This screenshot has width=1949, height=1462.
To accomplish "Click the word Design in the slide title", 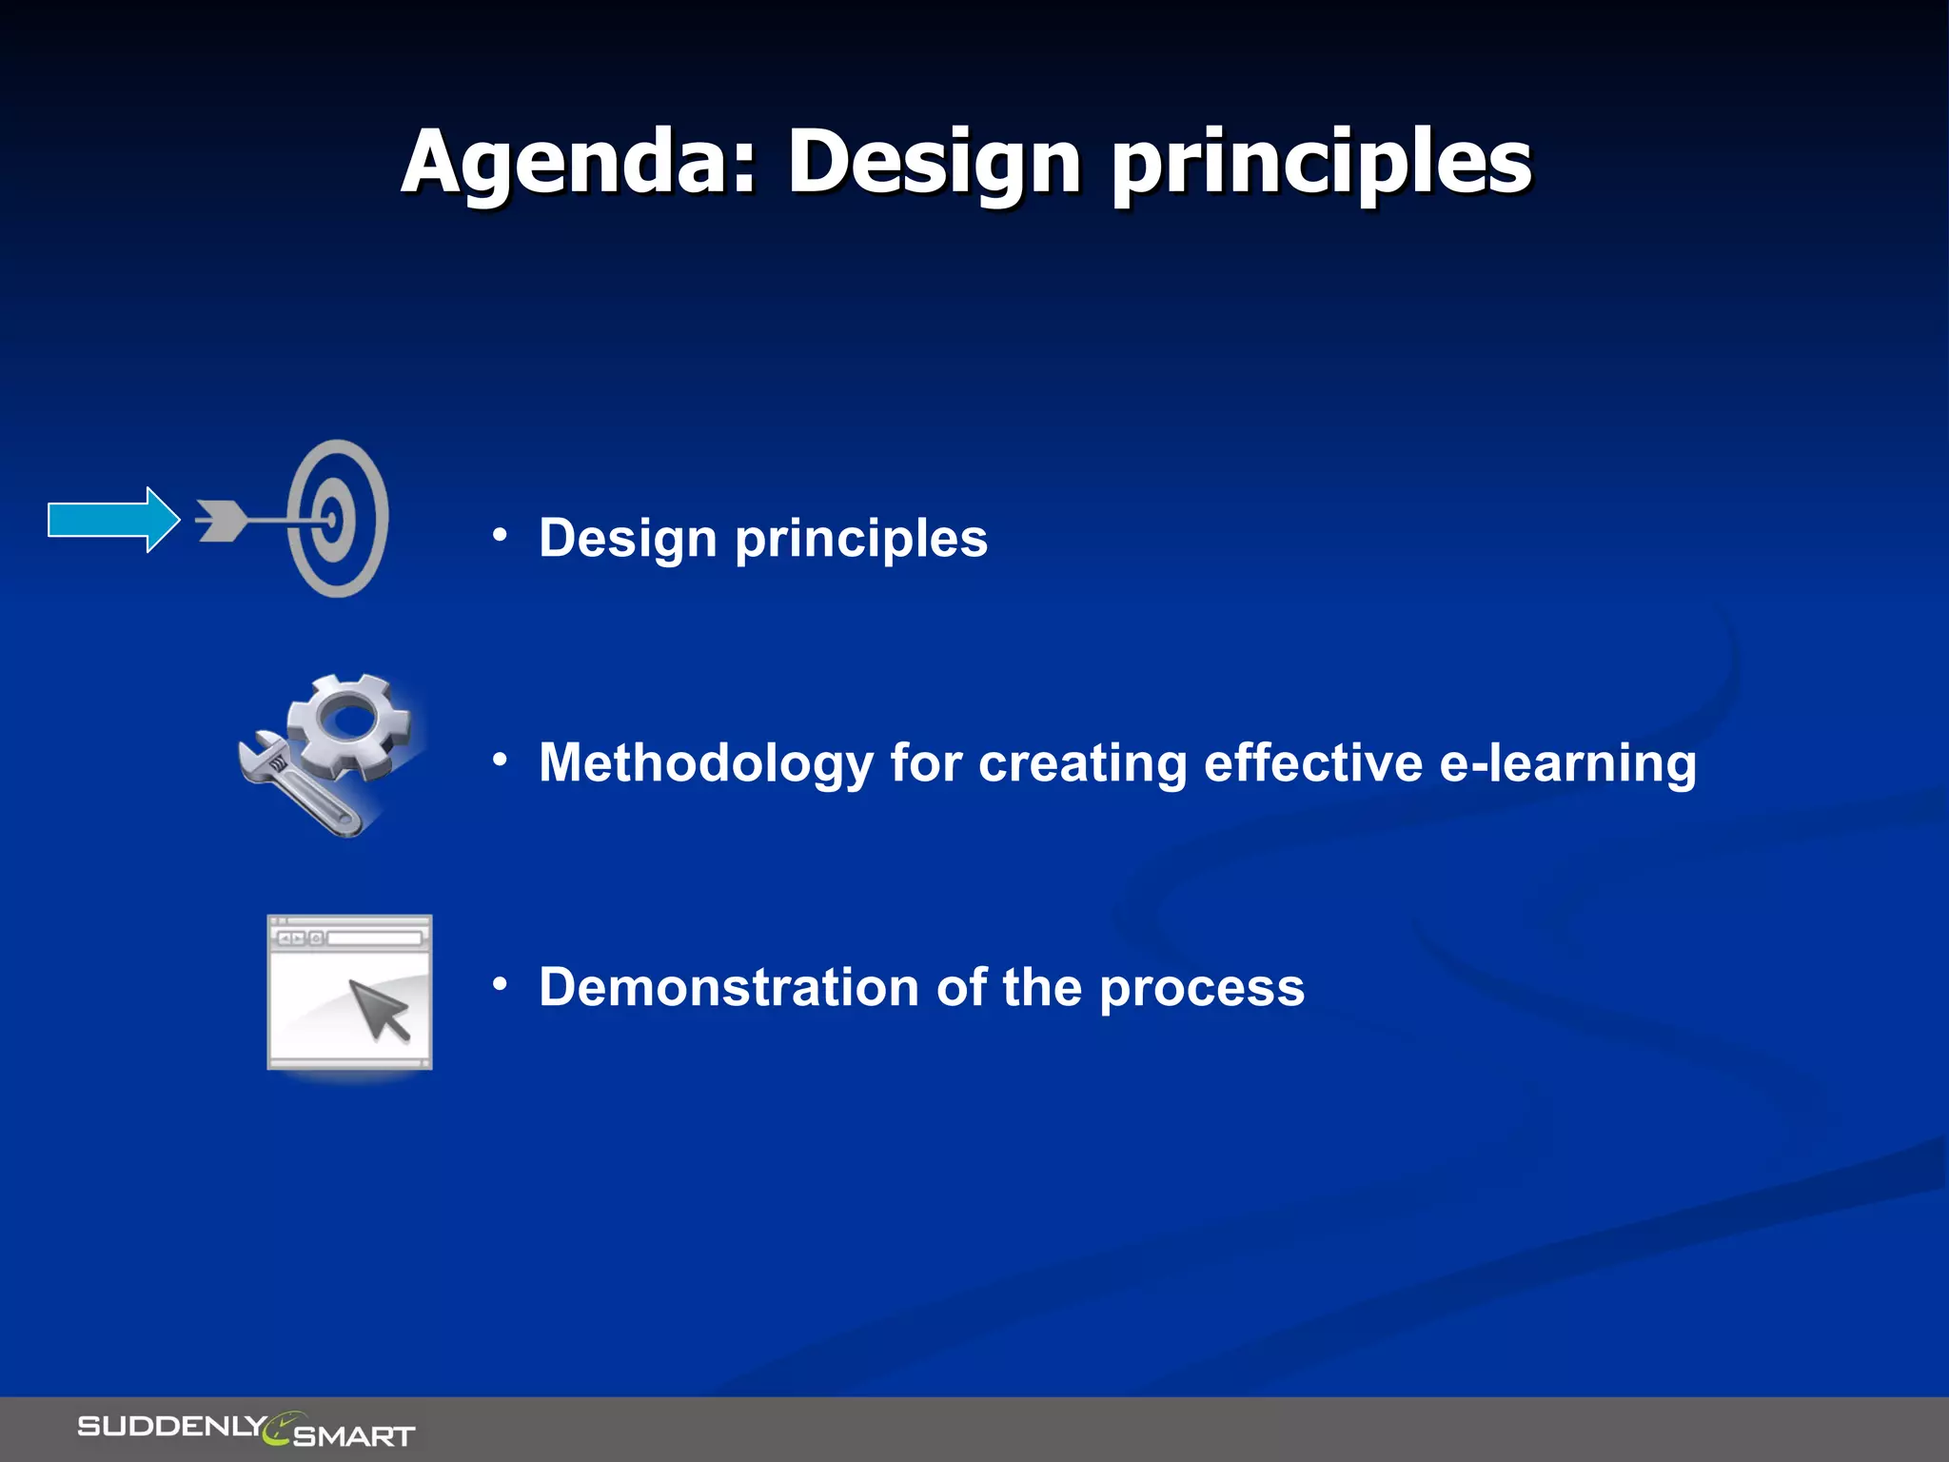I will [933, 164].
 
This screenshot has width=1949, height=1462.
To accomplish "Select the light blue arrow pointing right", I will [112, 520].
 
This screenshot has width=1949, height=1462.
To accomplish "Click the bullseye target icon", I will [339, 519].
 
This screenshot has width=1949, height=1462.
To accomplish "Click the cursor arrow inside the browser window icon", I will [379, 1009].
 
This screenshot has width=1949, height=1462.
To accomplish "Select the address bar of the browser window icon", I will [374, 938].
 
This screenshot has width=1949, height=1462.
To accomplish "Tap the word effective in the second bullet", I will [1313, 763].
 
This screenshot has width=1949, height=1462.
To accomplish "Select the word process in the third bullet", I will [1202, 989].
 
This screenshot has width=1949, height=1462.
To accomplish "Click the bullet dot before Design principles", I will [500, 535].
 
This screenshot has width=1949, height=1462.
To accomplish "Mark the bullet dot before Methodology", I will [500, 760].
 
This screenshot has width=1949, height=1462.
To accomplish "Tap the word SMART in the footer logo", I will [354, 1435].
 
